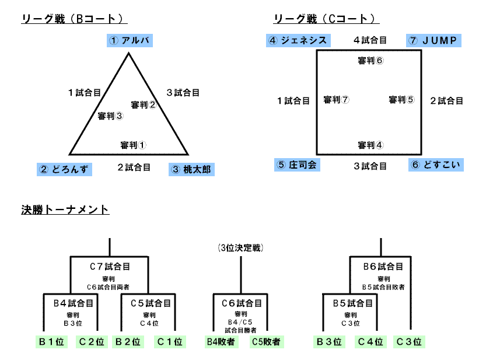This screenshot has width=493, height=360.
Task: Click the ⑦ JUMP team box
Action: [x=434, y=40]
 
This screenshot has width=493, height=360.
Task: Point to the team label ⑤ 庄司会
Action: [x=297, y=165]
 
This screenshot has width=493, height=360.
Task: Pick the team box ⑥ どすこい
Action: [x=436, y=165]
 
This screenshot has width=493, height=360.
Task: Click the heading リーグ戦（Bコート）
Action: [x=74, y=19]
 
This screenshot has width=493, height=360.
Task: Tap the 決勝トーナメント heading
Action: [x=65, y=210]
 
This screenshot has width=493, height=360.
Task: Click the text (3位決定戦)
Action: [x=241, y=248]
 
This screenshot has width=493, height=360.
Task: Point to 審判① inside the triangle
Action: [x=133, y=145]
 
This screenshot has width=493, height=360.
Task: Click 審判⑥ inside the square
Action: [x=370, y=61]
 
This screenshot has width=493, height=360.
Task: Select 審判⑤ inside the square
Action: [x=401, y=100]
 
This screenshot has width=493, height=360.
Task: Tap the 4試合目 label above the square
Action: [x=370, y=40]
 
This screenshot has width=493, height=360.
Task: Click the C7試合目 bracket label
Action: [x=110, y=267]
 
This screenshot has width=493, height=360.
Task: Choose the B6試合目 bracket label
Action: [x=383, y=267]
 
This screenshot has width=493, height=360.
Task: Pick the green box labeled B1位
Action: [x=51, y=342]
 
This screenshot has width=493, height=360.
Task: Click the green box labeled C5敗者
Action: [x=266, y=342]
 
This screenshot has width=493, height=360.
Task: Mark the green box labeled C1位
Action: [x=169, y=342]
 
